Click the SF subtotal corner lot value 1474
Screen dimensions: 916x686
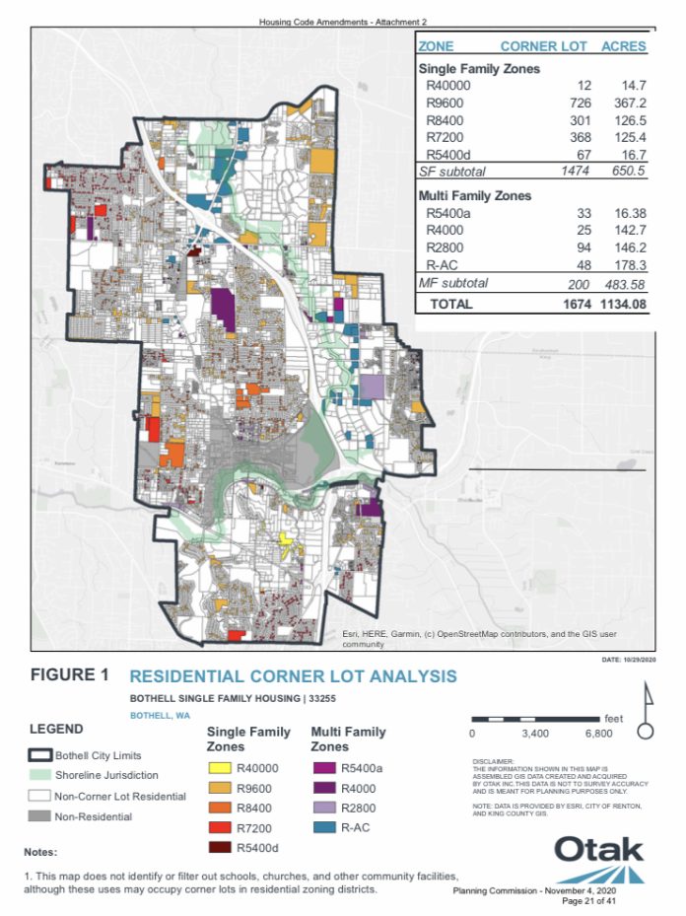click(x=572, y=172)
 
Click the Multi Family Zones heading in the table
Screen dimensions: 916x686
click(x=475, y=195)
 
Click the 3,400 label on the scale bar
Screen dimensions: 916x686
click(x=533, y=734)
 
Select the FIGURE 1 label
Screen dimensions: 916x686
click(x=70, y=675)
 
